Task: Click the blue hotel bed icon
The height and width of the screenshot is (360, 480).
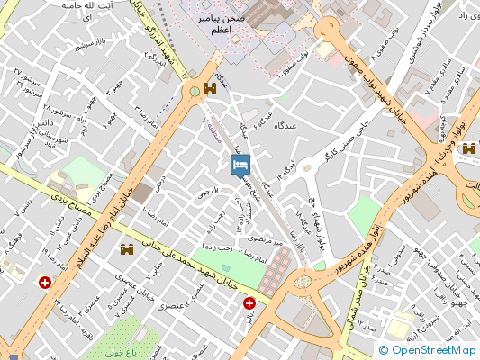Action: point(240,165)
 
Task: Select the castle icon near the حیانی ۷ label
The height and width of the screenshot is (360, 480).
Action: point(127,249)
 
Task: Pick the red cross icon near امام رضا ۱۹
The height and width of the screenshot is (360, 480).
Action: point(44,283)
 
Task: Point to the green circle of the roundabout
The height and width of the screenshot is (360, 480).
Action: point(194,91)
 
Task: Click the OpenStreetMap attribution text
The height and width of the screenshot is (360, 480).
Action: point(428,350)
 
